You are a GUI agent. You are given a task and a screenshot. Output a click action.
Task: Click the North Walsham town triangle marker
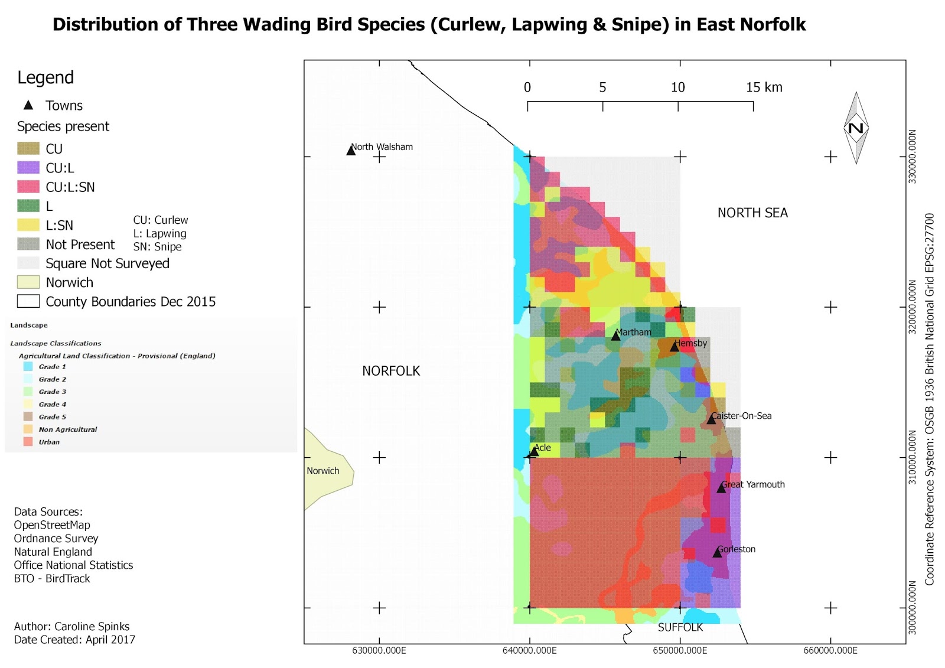(x=351, y=151)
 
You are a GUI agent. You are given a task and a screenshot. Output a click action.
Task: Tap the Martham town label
(x=633, y=333)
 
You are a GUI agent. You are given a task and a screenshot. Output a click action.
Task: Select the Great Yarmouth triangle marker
(x=721, y=488)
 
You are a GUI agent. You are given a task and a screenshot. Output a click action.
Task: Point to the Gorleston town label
(x=737, y=549)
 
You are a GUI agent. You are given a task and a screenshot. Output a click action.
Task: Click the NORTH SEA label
(x=752, y=213)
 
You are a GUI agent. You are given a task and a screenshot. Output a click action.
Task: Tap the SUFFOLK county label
(x=680, y=627)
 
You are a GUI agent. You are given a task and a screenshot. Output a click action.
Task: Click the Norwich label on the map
(x=322, y=471)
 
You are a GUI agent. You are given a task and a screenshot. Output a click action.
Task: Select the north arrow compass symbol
(x=856, y=128)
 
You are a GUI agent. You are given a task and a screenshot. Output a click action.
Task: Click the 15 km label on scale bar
(x=764, y=87)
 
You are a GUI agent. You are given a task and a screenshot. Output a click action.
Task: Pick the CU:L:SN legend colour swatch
(x=28, y=187)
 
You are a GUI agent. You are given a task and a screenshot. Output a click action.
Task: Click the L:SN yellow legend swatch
(x=28, y=225)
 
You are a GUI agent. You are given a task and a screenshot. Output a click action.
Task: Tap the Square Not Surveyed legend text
(x=107, y=263)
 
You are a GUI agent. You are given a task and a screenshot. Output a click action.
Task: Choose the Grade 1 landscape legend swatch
(x=28, y=367)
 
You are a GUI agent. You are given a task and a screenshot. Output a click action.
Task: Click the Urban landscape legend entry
(x=49, y=442)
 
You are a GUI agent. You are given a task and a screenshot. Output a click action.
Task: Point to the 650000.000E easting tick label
(x=680, y=650)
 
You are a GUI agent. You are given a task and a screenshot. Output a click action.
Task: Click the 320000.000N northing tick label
(x=912, y=307)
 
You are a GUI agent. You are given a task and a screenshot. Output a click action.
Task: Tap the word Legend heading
(x=45, y=77)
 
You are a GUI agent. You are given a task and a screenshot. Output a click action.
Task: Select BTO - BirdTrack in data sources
(x=52, y=578)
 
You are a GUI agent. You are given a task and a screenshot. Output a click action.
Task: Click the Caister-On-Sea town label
(x=741, y=416)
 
